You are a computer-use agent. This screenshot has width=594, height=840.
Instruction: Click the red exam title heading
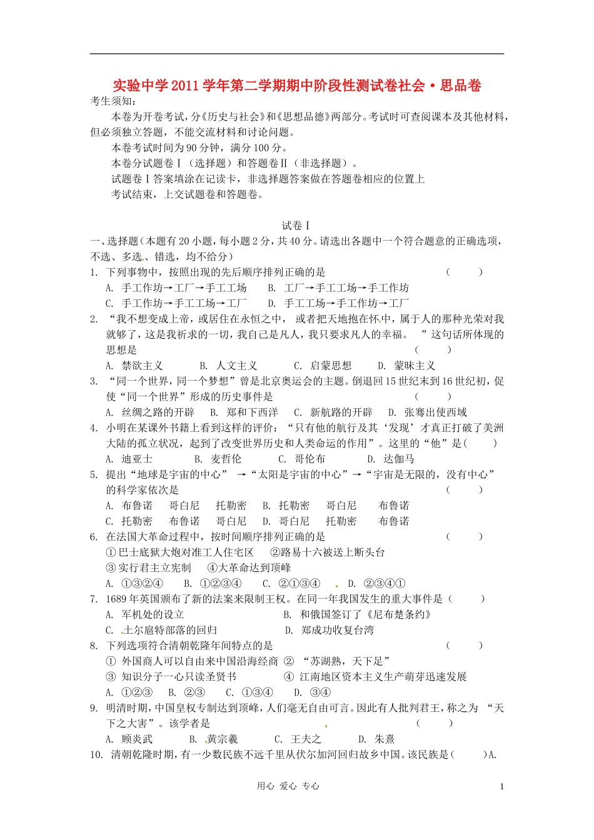[x=296, y=86]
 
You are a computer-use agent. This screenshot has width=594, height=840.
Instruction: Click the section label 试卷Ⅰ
[x=296, y=226]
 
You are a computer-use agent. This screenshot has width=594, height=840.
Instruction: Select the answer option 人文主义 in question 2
[x=236, y=366]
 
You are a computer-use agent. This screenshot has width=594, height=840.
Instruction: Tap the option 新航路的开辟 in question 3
[x=341, y=412]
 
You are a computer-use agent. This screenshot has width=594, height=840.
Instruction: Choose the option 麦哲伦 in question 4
[x=225, y=459]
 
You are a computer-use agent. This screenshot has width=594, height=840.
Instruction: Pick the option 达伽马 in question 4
[x=398, y=459]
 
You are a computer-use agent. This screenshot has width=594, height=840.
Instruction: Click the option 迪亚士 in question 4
[x=137, y=459]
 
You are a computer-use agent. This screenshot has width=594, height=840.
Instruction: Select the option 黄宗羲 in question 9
[x=222, y=739]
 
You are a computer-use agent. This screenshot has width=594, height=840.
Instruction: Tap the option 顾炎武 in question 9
[x=137, y=739]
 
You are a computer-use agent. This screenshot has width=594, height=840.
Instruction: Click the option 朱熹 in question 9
[x=385, y=739]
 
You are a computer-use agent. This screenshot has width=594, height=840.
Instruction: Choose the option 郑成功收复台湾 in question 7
[x=337, y=630]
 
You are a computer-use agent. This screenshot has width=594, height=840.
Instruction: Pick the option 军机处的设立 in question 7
[x=153, y=614]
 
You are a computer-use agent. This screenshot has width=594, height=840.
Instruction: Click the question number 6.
[x=94, y=537]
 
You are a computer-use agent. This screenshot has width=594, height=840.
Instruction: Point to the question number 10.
[x=96, y=754]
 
